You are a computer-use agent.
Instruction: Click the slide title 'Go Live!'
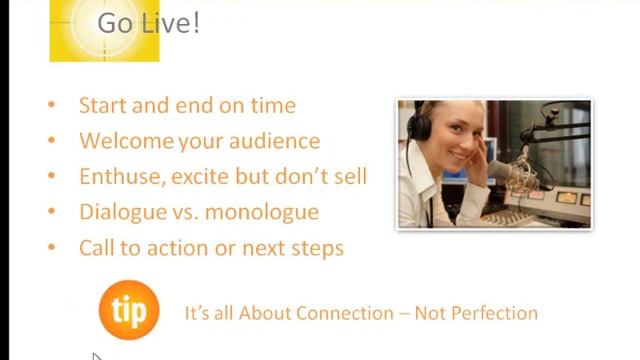(x=148, y=24)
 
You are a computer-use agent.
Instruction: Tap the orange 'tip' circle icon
(x=129, y=310)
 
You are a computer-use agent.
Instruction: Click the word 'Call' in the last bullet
(x=96, y=248)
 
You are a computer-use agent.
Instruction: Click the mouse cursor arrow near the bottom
(x=96, y=355)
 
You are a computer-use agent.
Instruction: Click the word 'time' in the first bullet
(x=275, y=105)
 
